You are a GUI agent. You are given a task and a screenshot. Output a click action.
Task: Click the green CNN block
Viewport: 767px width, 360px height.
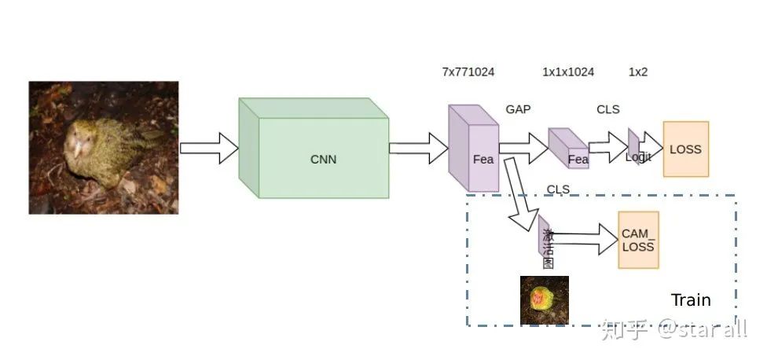pos(322,157)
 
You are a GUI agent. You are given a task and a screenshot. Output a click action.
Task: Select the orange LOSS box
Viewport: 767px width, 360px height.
pos(685,149)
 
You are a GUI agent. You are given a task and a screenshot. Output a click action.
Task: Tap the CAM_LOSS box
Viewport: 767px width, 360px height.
pos(638,240)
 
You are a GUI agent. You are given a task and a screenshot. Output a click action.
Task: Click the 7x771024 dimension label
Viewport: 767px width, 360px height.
pos(468,72)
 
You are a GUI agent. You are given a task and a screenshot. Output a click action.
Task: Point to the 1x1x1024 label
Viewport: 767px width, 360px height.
pos(568,72)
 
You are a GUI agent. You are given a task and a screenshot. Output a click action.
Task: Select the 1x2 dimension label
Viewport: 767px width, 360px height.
pos(638,72)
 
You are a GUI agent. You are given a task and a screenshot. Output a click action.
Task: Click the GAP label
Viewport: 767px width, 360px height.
pos(518,109)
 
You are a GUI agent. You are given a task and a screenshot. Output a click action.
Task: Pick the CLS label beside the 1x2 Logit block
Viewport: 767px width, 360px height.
pos(607,109)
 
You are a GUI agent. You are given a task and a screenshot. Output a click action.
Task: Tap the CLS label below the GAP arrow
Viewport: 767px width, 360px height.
pos(558,189)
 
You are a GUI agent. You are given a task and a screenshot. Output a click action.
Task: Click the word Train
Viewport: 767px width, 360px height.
pos(691,300)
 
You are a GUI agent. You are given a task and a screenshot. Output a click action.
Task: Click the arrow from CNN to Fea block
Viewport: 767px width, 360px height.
pos(417,148)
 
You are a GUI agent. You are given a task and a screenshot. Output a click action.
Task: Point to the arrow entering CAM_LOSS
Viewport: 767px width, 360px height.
pos(585,239)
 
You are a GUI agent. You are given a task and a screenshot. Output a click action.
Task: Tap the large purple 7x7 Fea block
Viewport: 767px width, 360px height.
pos(474,149)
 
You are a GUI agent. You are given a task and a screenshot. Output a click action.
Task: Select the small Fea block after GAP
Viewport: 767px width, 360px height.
pos(568,148)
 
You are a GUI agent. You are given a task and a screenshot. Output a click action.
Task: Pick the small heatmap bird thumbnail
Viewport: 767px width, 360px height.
pos(544,299)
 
